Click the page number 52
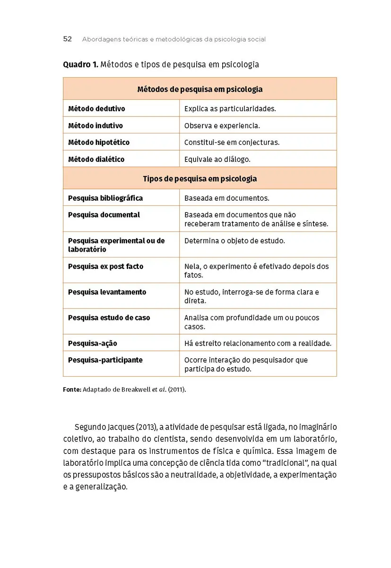click(x=67, y=39)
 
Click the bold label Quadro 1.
click(x=80, y=64)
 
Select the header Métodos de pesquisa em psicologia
click(x=200, y=89)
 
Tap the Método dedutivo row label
click(x=96, y=109)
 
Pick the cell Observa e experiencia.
click(x=222, y=126)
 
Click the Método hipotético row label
click(x=98, y=142)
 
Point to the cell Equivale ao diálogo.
click(x=217, y=160)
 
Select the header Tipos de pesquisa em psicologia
click(x=200, y=178)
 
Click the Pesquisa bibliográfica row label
click(x=105, y=198)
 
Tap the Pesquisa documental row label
click(x=104, y=215)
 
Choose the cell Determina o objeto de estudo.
click(x=235, y=241)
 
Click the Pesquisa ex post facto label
click(x=105, y=266)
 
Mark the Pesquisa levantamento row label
click(x=107, y=292)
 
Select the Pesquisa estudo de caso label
click(x=109, y=318)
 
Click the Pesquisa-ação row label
click(x=92, y=343)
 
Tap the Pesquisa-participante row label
click(x=105, y=360)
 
